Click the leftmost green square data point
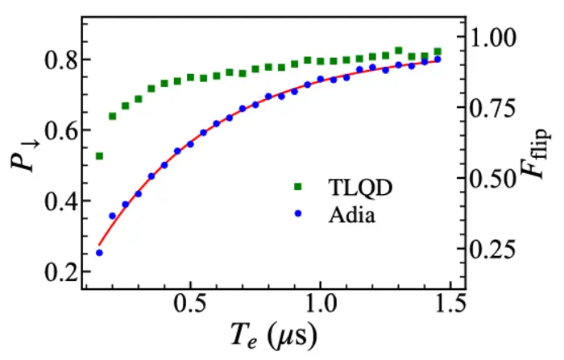(x=99, y=155)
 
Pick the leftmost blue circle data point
(x=99, y=253)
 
